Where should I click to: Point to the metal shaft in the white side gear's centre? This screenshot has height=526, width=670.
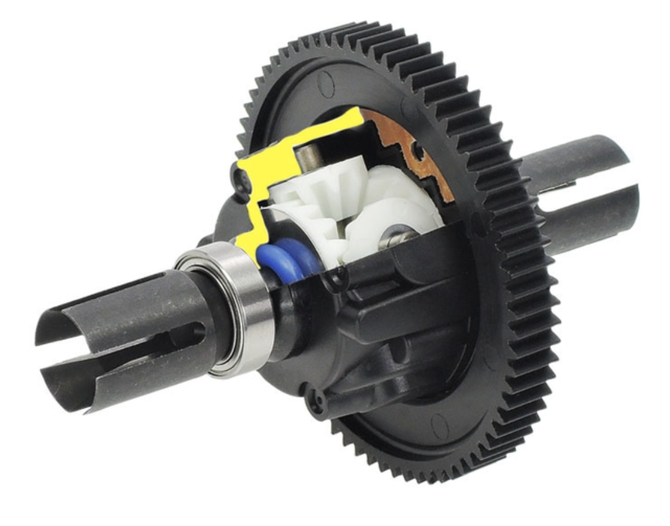click(392, 238)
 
